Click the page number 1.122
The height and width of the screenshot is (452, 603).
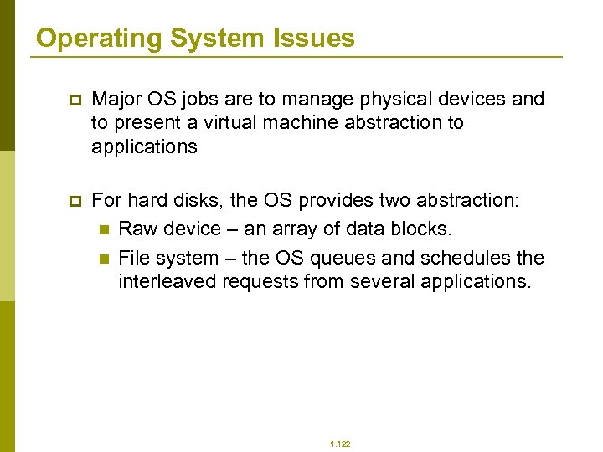(340, 444)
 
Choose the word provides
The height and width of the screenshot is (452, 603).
(332, 201)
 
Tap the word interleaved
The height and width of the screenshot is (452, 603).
(166, 281)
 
